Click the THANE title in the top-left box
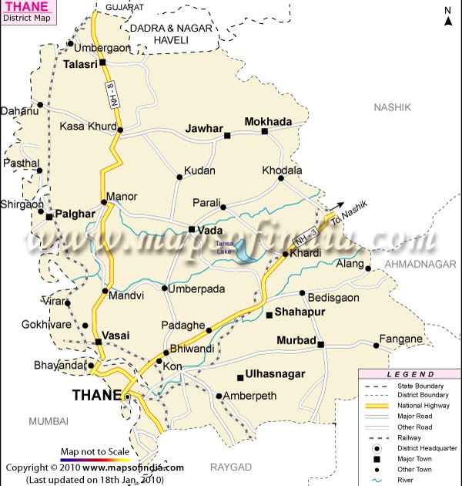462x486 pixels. pos(24,7)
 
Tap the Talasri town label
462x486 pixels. pos(81,65)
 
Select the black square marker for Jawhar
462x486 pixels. pos(227,136)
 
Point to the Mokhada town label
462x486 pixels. pos(268,122)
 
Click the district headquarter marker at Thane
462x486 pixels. pos(126,397)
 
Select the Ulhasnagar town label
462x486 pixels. pos(276,374)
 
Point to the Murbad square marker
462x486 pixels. pos(321,344)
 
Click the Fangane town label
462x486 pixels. pos(400,339)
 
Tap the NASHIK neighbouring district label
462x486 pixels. pos(393,107)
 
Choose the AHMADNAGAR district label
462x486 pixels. pos(420,263)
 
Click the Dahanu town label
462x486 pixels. pos(19,111)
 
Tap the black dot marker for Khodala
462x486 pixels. pos(281,178)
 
